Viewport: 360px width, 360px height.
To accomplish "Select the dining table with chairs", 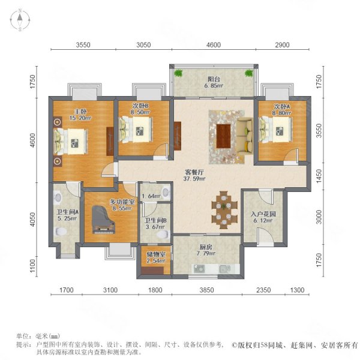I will [x=227, y=209].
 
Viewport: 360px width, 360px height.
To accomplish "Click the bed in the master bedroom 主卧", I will [x=70, y=142].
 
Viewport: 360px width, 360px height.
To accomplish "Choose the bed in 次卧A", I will [x=276, y=128].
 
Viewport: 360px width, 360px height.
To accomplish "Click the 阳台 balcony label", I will [x=213, y=77].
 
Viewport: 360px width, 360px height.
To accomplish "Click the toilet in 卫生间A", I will [x=58, y=196].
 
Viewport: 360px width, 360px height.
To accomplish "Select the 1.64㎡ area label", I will [x=149, y=196].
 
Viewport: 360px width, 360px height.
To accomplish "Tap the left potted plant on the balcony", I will [x=179, y=74].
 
